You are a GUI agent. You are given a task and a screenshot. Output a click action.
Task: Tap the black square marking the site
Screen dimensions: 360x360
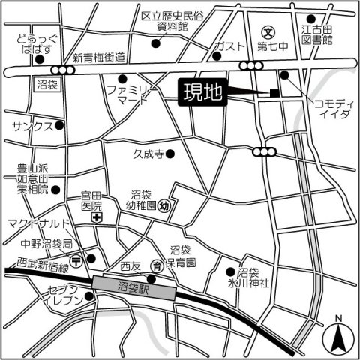click(274, 93)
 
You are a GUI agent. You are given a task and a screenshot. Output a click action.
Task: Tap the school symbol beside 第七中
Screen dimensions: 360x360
click(269, 32)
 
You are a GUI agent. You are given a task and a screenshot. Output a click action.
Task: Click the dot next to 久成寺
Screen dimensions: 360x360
click(171, 154)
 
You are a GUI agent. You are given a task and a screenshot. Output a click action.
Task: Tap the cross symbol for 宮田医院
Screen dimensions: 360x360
click(97, 217)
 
